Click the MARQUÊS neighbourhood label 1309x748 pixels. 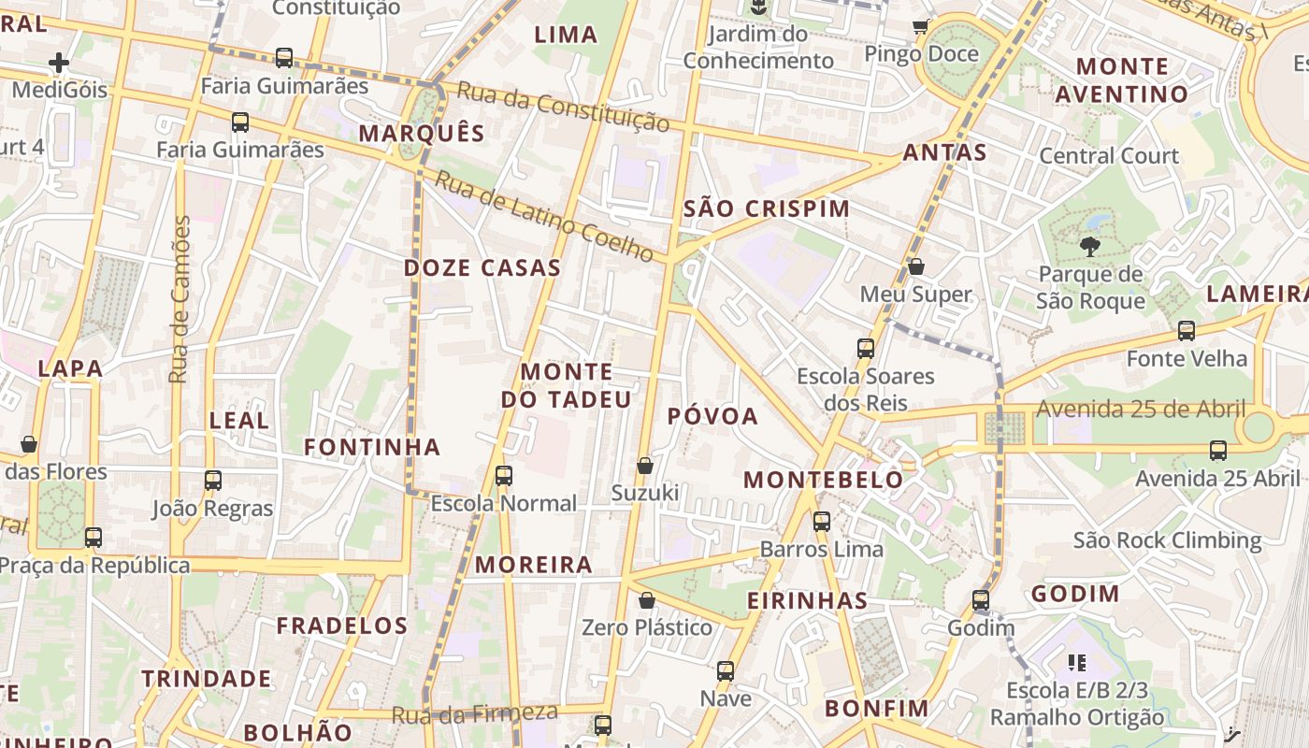(x=422, y=133)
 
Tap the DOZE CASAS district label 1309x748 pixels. (x=482, y=268)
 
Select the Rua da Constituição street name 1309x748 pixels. (x=564, y=106)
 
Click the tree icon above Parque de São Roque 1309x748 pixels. (x=1089, y=247)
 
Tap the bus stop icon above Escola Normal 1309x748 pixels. (x=504, y=475)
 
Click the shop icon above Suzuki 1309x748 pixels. (x=645, y=465)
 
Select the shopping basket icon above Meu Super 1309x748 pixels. (x=916, y=266)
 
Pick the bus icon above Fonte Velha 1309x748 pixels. (x=1187, y=330)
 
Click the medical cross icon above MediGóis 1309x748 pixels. (x=59, y=63)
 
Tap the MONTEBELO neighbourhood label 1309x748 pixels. (x=824, y=481)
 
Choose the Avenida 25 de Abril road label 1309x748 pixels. (x=1141, y=409)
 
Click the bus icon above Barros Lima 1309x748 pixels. (x=822, y=521)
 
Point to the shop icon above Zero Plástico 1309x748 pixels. (x=646, y=600)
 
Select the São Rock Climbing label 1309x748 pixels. (x=1167, y=540)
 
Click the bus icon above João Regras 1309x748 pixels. (x=213, y=481)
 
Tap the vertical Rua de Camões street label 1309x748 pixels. (x=180, y=299)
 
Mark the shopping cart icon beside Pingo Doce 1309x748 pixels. (x=921, y=27)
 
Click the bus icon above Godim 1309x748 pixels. (x=980, y=599)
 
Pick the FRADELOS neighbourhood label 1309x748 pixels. (x=342, y=626)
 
